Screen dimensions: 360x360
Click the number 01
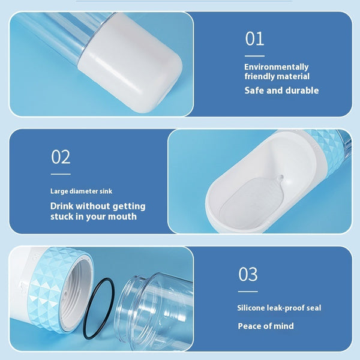click(x=254, y=39)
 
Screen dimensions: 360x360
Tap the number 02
click(x=61, y=157)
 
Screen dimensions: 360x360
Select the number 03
click(x=248, y=275)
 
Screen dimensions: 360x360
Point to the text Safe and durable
click(x=281, y=91)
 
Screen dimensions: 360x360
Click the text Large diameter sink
click(x=81, y=191)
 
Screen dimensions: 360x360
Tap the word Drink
click(x=63, y=206)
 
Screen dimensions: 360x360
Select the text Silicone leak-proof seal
click(x=279, y=308)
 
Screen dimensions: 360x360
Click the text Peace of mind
click(x=266, y=326)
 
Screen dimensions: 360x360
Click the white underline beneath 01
click(x=254, y=55)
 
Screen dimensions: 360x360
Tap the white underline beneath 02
click(x=61, y=174)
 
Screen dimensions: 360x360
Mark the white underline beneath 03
click(x=248, y=292)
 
